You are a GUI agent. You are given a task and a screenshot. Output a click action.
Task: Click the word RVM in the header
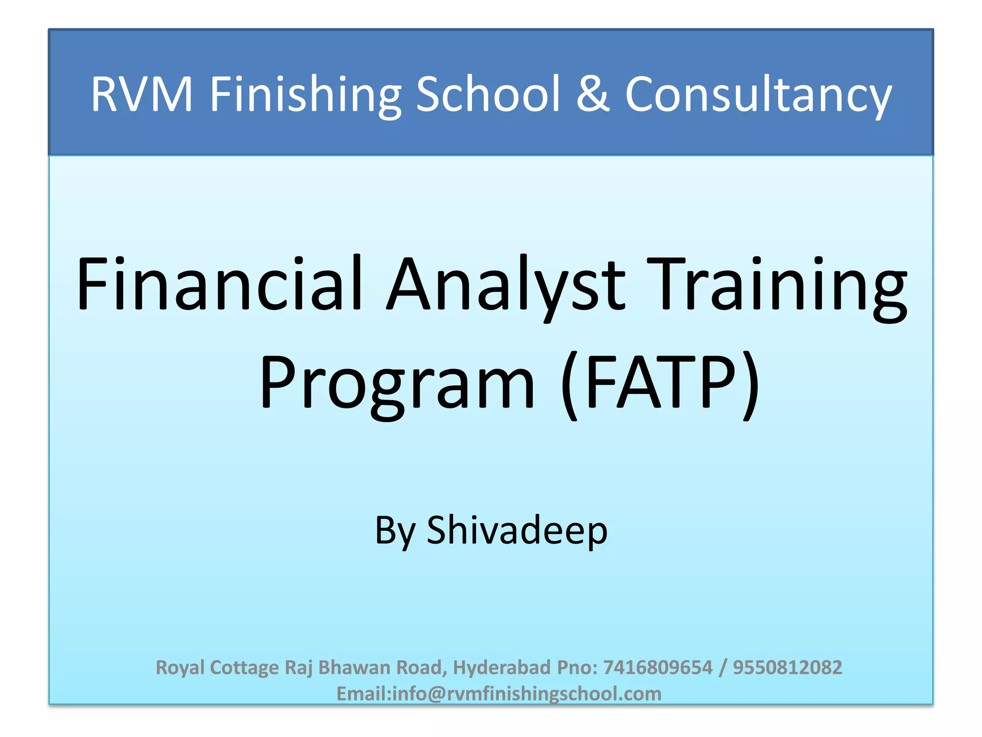pos(141,95)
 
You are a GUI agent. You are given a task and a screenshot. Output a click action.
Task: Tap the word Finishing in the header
pos(305,95)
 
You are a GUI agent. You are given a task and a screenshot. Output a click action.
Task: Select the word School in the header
pos(488,95)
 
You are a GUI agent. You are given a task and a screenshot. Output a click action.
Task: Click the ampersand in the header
pos(593,95)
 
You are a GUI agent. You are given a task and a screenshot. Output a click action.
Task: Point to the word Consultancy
pos(758,95)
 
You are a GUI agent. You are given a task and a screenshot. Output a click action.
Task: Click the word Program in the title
pos(397,384)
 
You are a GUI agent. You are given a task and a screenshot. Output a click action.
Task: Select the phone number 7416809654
pos(658,667)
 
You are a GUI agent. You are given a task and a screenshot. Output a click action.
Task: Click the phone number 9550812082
pos(787,667)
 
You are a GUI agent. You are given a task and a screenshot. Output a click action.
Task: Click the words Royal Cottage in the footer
pos(217,667)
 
